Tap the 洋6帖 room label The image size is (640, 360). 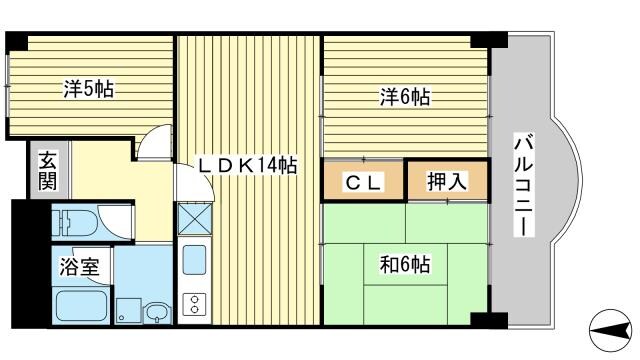pyautogui.click(x=404, y=97)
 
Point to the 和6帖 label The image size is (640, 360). pyautogui.click(x=404, y=265)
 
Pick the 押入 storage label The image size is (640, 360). pyautogui.click(x=447, y=182)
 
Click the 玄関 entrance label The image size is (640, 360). pyautogui.click(x=46, y=172)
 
